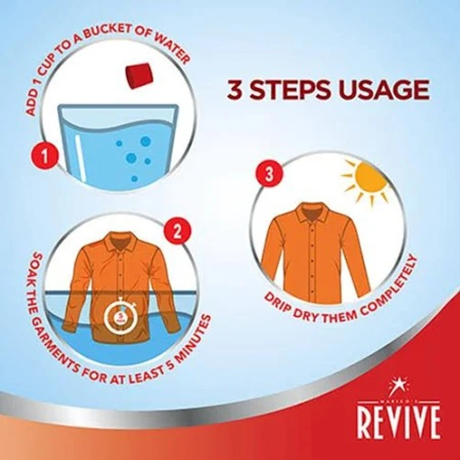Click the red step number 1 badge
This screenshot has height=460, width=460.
[x=45, y=156]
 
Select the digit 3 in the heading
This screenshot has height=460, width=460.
[x=235, y=90]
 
